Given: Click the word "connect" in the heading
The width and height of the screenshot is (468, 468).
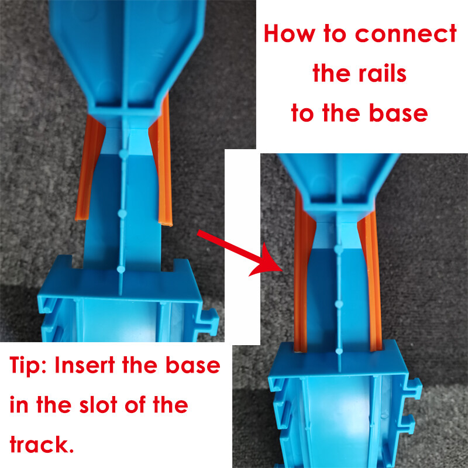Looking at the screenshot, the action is click(405, 34).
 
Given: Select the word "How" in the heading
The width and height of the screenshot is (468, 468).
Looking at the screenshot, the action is click(290, 33).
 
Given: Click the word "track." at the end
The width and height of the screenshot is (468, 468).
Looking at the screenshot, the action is click(41, 444).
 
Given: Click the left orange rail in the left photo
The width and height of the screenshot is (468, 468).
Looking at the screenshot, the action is click(90, 167).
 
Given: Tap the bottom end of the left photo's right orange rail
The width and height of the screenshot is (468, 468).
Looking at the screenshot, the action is click(165, 223).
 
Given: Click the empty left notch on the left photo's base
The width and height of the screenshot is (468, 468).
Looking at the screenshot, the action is click(78, 262).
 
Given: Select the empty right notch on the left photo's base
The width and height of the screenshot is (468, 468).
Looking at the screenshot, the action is click(167, 265).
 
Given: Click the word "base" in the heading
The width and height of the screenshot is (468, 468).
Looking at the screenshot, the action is click(398, 113).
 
